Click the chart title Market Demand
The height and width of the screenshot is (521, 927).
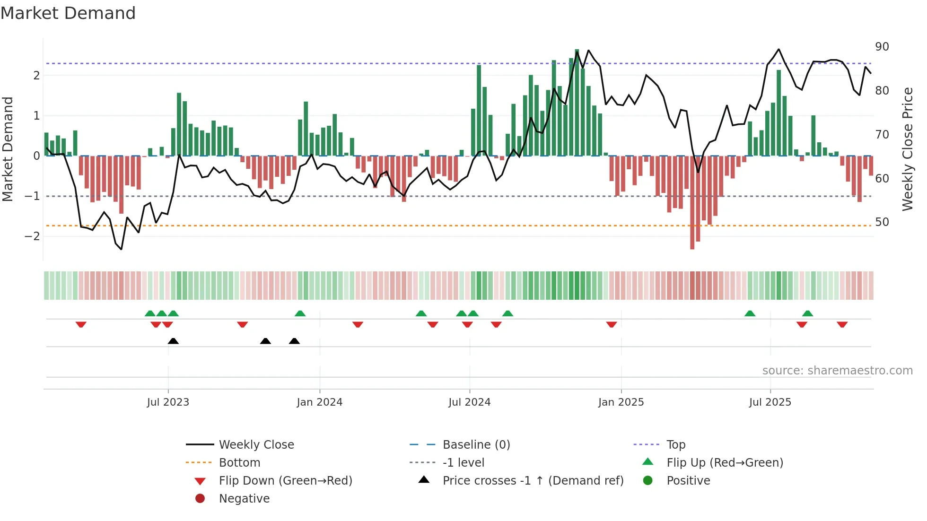68,13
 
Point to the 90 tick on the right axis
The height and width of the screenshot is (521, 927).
882,47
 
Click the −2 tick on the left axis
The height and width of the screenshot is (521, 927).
33,236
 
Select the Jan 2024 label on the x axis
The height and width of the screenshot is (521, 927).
319,402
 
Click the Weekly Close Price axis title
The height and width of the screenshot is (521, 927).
907,149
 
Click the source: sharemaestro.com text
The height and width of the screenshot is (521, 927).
837,371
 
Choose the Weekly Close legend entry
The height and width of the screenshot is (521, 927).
256,445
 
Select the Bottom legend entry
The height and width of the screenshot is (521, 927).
239,463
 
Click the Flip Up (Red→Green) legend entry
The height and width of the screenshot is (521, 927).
725,463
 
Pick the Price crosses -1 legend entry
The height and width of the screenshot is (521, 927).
533,481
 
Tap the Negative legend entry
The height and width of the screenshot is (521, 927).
244,499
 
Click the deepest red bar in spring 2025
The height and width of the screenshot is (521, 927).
692,202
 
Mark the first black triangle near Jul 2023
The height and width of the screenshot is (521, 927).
173,341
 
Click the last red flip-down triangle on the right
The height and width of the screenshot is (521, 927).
842,324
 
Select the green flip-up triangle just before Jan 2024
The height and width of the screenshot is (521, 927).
300,313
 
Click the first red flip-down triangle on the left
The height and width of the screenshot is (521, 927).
81,324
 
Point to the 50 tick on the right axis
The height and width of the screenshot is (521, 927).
882,222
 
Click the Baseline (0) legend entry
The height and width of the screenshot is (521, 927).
476,445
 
